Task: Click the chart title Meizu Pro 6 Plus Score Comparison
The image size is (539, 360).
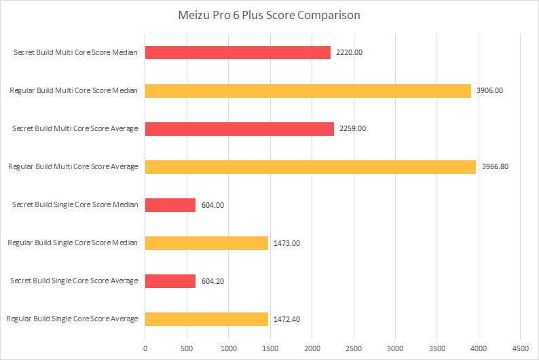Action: tap(269, 15)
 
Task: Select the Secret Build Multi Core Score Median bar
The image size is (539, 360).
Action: tap(238, 52)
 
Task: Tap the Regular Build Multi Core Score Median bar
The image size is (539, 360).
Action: tap(308, 90)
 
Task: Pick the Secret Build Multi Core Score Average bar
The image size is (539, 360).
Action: tap(239, 128)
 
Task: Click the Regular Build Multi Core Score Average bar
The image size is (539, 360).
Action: tap(310, 166)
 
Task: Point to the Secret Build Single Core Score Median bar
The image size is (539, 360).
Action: tap(170, 204)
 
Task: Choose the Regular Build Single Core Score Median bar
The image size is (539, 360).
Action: tap(206, 242)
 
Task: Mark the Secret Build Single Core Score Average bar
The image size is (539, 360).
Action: tap(170, 281)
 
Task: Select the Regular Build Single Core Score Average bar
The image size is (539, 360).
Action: tap(206, 319)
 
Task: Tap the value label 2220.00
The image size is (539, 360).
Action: tap(348, 52)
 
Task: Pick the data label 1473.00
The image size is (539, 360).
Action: tap(286, 242)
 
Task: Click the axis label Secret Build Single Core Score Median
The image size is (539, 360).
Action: tap(75, 204)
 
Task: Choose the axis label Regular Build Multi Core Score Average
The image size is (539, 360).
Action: tap(73, 166)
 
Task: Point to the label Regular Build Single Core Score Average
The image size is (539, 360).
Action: tap(72, 319)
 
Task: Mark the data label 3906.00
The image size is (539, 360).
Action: tap(489, 90)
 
